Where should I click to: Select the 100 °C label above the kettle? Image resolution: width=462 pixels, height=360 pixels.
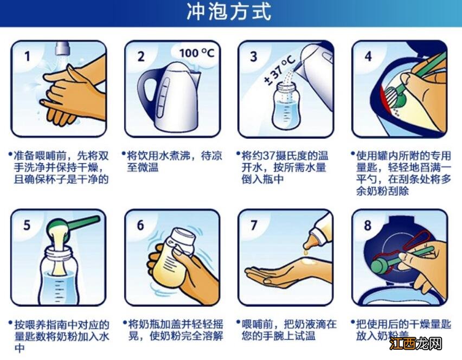[196, 53]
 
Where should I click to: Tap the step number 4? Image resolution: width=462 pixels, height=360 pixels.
[368, 55]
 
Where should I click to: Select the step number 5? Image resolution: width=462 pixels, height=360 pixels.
[27, 224]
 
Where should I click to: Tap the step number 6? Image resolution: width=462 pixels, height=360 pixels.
[140, 224]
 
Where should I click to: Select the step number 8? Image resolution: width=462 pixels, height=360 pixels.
[368, 224]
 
